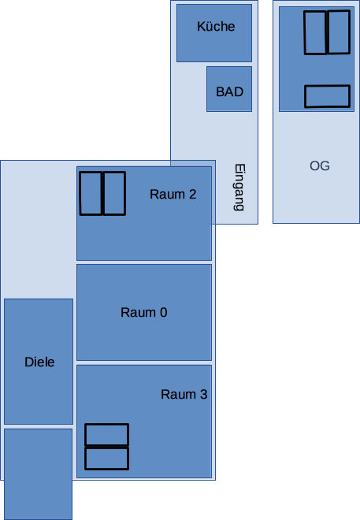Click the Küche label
tap(216, 26)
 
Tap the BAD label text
tap(229, 92)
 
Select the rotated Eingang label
tap(239, 188)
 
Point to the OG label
tap(320, 165)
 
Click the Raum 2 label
tap(173, 195)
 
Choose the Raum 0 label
tap(143, 313)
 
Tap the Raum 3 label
tap(184, 394)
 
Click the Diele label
tap(39, 362)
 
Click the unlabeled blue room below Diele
tap(38, 474)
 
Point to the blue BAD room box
tap(229, 89)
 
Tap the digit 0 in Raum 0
tap(163, 313)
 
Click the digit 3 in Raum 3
tap(203, 394)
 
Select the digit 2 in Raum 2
tap(192, 195)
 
